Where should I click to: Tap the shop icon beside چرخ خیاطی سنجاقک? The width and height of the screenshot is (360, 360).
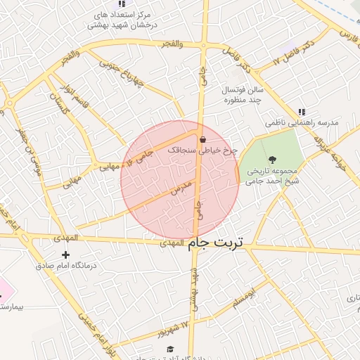(202, 139)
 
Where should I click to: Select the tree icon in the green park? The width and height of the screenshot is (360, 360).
(273, 158)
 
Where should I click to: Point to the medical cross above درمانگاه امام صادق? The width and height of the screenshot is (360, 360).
(66, 254)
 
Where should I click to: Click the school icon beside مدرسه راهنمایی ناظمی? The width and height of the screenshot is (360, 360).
(302, 111)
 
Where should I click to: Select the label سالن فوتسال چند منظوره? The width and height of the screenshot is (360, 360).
(243, 95)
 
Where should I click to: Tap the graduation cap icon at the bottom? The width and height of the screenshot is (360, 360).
(169, 349)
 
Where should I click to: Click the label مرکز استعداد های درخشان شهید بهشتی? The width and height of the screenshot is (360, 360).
(122, 20)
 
